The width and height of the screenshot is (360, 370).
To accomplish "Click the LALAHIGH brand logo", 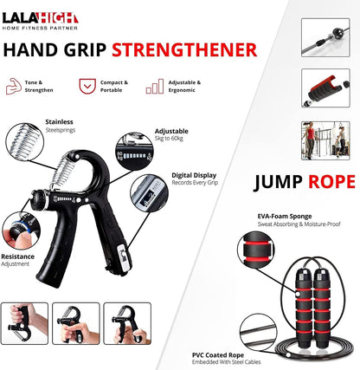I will coord(41,17).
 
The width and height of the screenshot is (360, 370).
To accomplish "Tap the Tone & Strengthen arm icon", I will coord(14,87).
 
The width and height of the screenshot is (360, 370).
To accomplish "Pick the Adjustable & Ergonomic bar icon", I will coord(155,87).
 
